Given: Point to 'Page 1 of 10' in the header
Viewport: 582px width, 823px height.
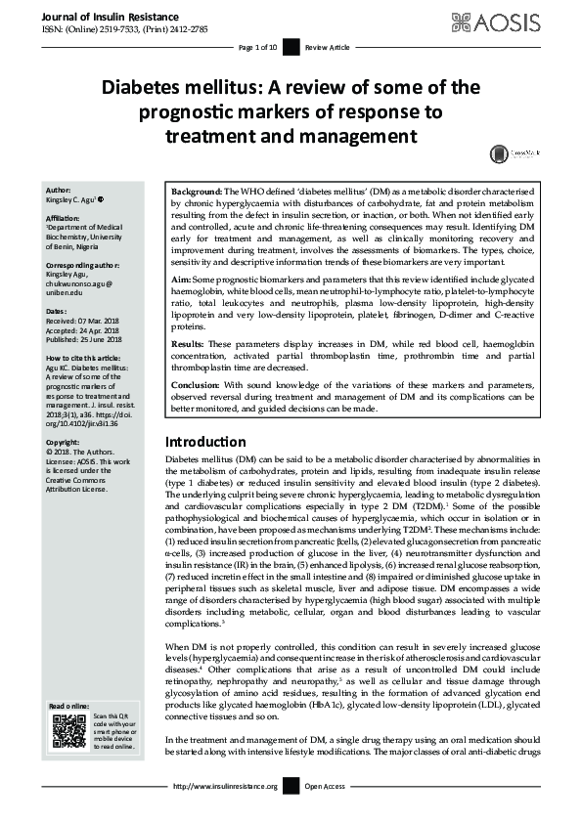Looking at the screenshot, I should (258, 47).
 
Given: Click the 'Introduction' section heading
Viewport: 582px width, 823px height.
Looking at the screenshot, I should (205, 442).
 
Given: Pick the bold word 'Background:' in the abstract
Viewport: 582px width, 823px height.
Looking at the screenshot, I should (196, 193).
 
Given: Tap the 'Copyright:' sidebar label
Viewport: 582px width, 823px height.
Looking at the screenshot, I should (64, 443).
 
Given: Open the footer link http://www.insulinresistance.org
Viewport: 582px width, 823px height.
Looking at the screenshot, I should (225, 786).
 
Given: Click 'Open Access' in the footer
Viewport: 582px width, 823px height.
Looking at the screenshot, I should (326, 786).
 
